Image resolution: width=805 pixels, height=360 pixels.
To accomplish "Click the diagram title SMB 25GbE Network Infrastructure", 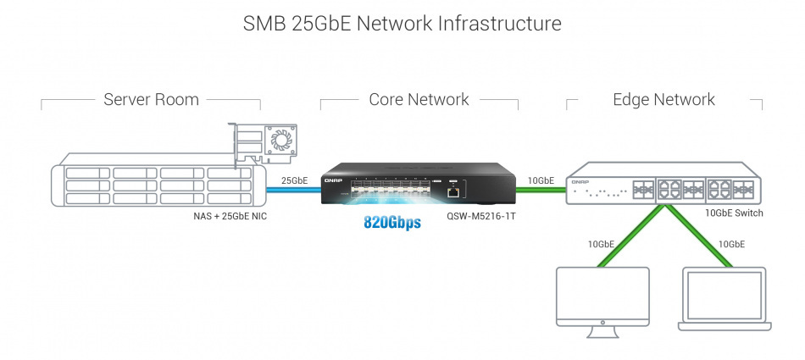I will pos(402,24).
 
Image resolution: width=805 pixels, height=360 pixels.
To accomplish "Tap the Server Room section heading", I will pos(151,100).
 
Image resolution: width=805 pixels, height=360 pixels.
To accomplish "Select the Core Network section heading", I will pos(419,100).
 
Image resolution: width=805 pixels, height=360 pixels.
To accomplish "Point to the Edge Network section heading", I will pos(663,100).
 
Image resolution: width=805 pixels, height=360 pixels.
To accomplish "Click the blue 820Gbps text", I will pos(392,224).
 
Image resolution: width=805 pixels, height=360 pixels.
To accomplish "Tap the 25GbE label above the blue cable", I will pos(294,180).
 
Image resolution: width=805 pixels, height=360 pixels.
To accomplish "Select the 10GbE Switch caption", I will pos(734,213).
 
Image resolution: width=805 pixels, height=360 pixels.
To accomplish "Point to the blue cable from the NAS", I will pos(292,190).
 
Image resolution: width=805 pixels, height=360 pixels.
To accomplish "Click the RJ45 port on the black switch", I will pos(454,192).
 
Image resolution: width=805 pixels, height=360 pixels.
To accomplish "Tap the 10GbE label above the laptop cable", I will pos(731,244).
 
